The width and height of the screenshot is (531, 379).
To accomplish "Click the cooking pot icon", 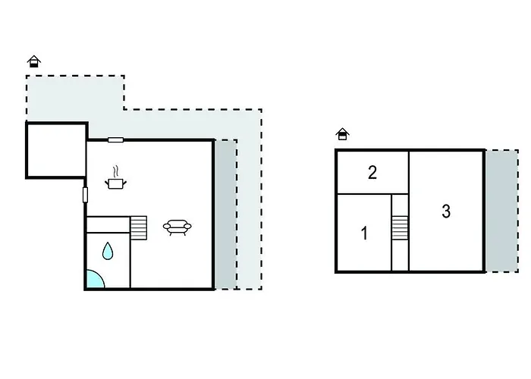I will pyautogui.click(x=115, y=183).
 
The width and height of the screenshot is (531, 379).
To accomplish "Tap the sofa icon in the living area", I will pyautogui.click(x=178, y=226).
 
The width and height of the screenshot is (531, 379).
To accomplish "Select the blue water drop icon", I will pyautogui.click(x=108, y=251).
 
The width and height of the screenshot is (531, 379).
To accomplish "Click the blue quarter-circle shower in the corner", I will pyautogui.click(x=93, y=280).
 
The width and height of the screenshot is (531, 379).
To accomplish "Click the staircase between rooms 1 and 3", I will pyautogui.click(x=400, y=227).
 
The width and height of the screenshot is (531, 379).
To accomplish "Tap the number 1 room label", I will pyautogui.click(x=364, y=233).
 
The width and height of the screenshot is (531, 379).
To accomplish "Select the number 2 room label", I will pyautogui.click(x=372, y=173).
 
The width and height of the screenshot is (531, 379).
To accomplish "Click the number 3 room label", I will pyautogui.click(x=446, y=211).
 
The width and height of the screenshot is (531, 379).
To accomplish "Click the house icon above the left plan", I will pyautogui.click(x=33, y=61).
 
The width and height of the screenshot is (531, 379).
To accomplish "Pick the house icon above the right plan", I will pyautogui.click(x=343, y=134).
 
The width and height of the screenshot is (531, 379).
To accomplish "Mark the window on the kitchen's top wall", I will pyautogui.click(x=115, y=139).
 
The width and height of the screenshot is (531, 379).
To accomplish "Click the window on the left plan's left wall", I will pyautogui.click(x=85, y=195).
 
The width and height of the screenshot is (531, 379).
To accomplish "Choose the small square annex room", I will pyautogui.click(x=56, y=150).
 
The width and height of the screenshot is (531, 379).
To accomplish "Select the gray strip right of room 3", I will pyautogui.click(x=501, y=211).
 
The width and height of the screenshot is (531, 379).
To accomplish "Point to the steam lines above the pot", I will pyautogui.click(x=115, y=171).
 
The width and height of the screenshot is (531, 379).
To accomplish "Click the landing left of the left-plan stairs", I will pyautogui.click(x=108, y=224).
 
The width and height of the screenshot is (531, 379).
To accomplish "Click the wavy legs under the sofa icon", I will pyautogui.click(x=178, y=233).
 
